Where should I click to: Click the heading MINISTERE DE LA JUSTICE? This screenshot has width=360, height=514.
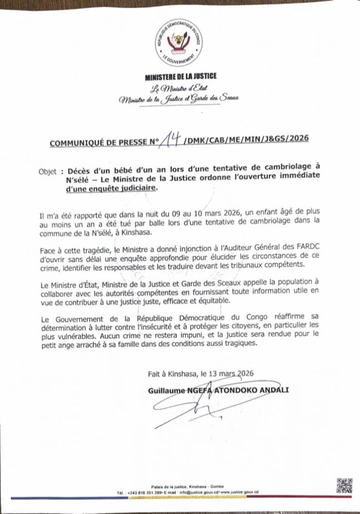click(181, 77)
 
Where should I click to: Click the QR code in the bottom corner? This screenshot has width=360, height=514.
click(343, 487)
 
